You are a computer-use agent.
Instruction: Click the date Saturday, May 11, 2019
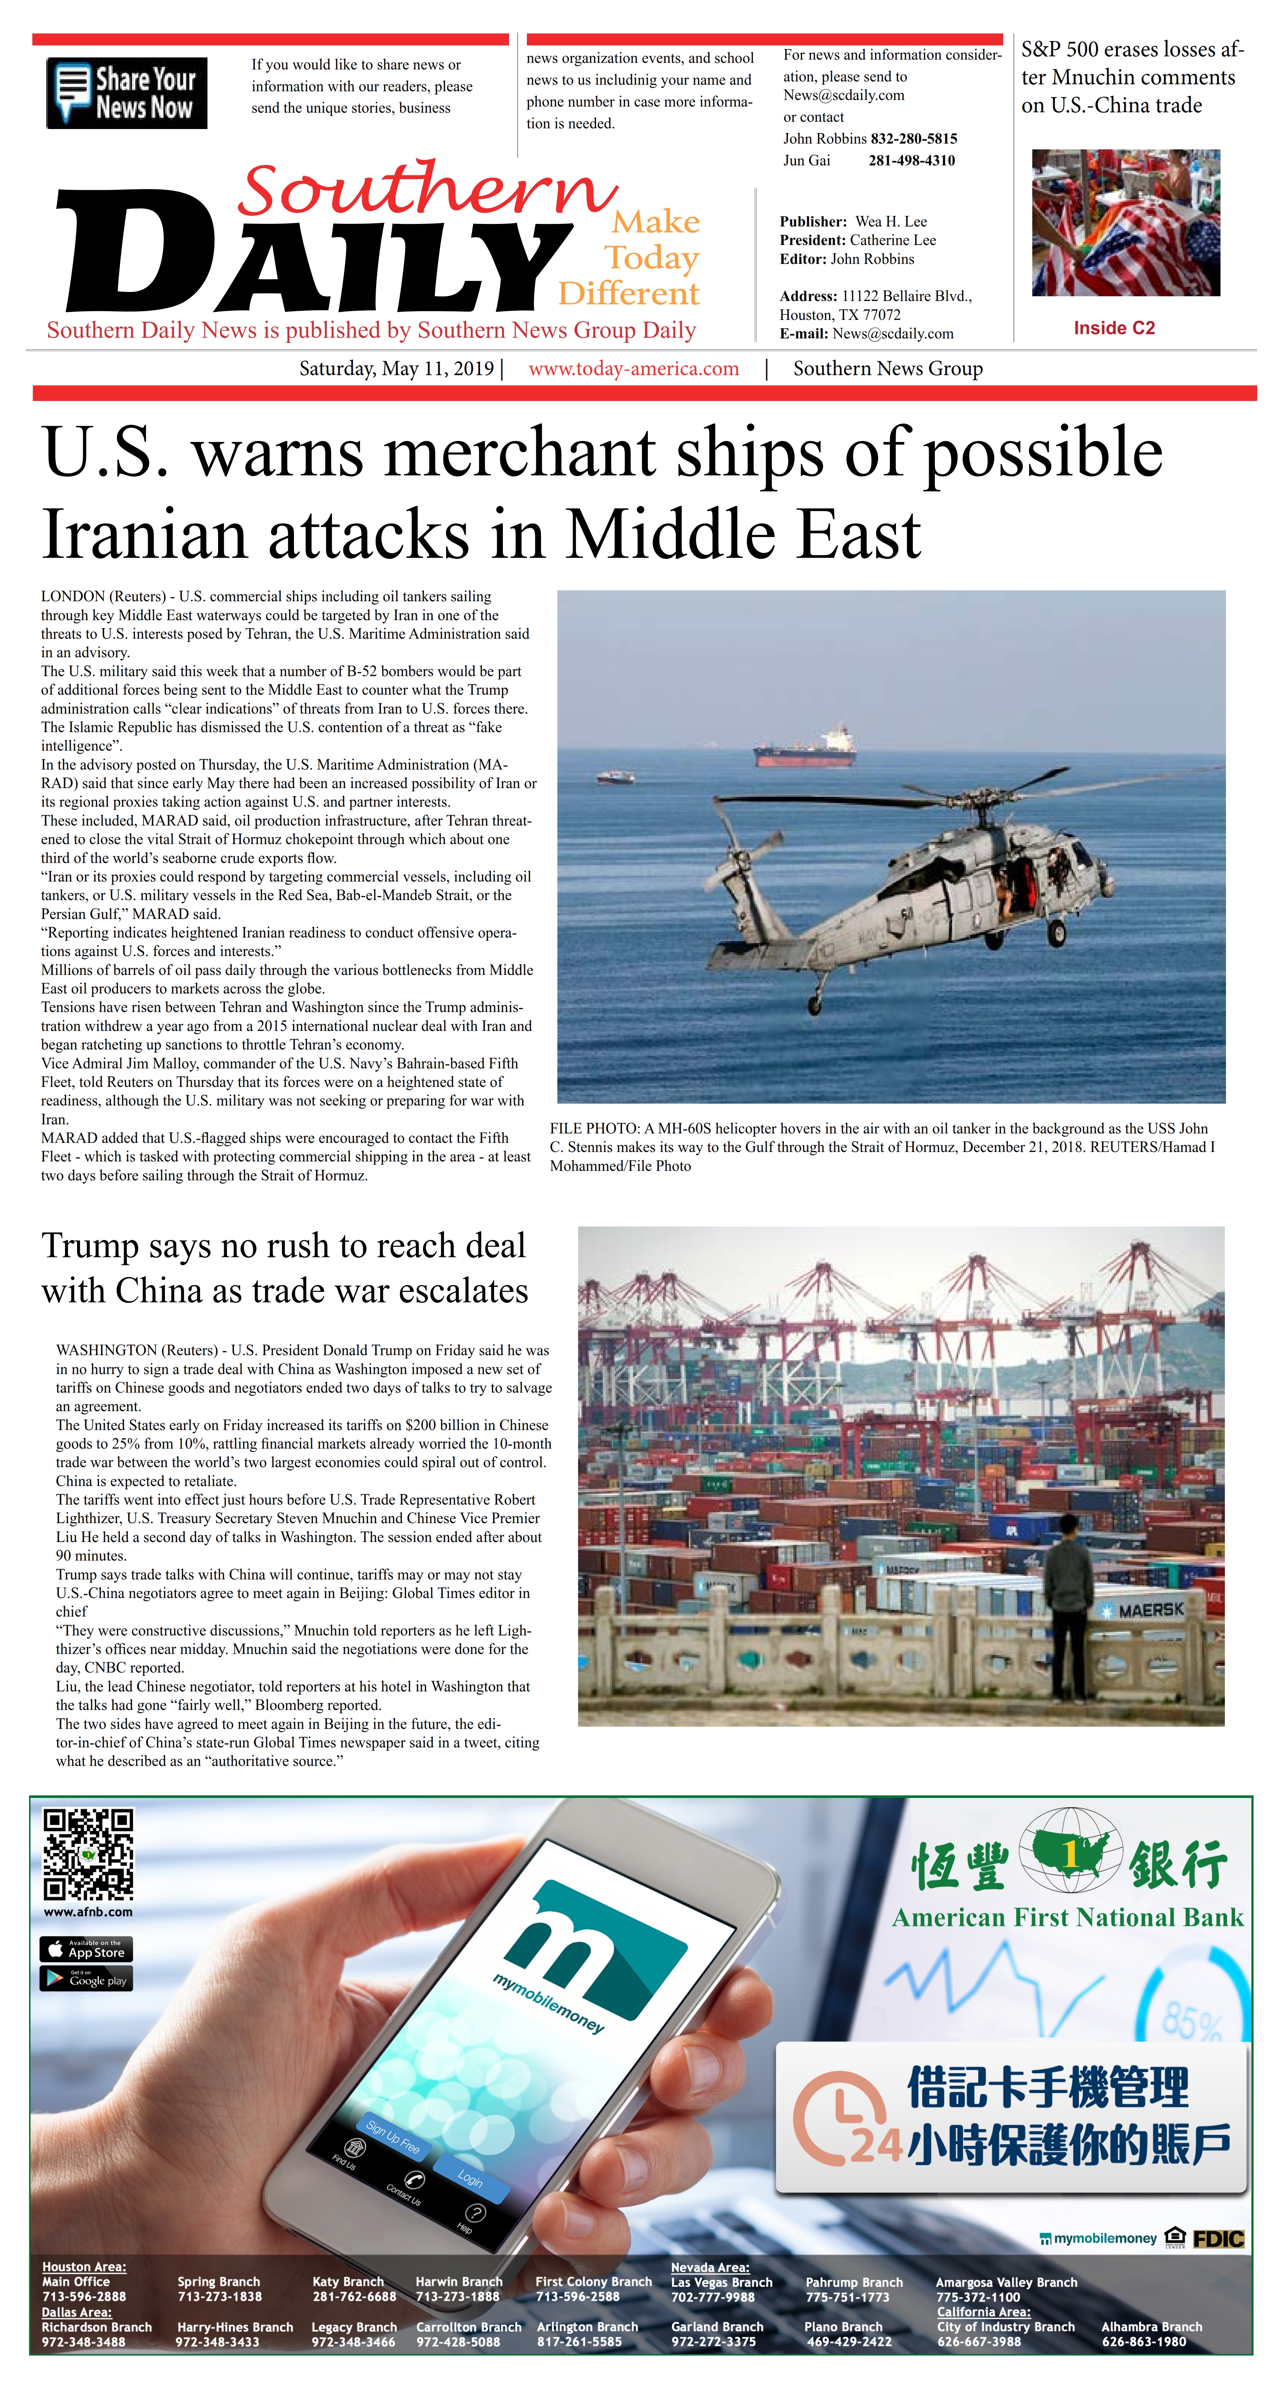click(x=396, y=369)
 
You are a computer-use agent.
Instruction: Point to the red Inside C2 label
click(x=1114, y=328)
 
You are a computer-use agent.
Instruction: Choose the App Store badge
click(x=86, y=1950)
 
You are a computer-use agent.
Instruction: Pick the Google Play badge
click(x=86, y=1978)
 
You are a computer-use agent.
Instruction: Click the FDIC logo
click(x=1218, y=2239)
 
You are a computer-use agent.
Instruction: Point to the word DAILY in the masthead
click(x=314, y=254)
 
